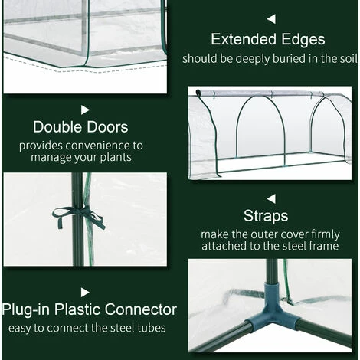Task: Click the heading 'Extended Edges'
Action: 268,40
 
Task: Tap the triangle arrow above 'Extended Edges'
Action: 272,19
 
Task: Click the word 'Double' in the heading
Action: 57,127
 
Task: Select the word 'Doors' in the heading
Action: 106,127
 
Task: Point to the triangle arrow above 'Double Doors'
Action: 85,110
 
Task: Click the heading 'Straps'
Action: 266,216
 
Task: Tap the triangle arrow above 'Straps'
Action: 272,199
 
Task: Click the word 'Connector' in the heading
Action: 141,309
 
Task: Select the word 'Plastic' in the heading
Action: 77,309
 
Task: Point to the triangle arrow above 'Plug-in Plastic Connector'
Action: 85,293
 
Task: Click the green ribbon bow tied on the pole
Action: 79,216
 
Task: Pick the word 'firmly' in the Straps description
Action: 326,235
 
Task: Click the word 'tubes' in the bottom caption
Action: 152,328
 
